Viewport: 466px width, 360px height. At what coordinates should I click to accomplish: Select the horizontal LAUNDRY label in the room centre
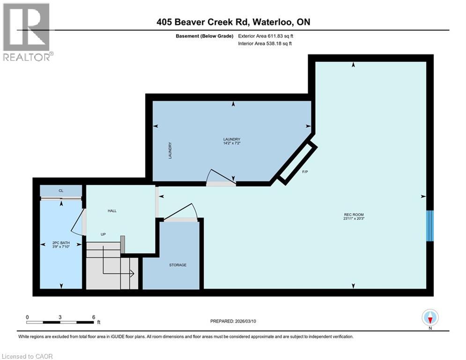pyautogui.click(x=231, y=139)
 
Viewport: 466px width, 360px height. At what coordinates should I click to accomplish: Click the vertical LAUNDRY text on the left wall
pyautogui.click(x=170, y=150)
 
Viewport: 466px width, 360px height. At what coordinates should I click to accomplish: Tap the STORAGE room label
pyautogui.click(x=178, y=265)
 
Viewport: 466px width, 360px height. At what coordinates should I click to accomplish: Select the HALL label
pyautogui.click(x=112, y=211)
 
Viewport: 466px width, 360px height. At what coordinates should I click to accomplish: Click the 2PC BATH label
pyautogui.click(x=61, y=243)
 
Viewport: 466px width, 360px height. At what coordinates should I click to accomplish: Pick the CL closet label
pyautogui.click(x=61, y=191)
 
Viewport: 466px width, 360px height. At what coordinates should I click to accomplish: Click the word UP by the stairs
pyautogui.click(x=103, y=234)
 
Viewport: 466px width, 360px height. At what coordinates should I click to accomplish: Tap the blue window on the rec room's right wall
pyautogui.click(x=429, y=226)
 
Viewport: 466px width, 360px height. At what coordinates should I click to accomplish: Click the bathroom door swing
pyautogui.click(x=78, y=223)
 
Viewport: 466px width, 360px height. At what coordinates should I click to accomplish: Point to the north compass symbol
pyautogui.click(x=429, y=318)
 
